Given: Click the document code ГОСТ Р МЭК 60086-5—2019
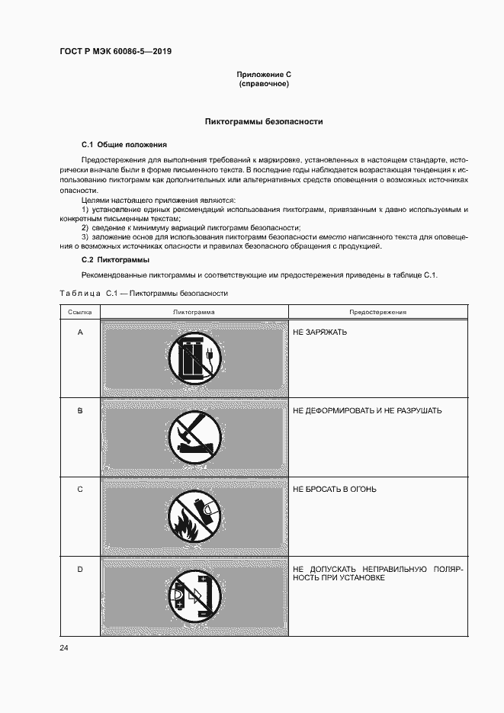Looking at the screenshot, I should tap(115, 52).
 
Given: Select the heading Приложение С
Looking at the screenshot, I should tap(263, 74).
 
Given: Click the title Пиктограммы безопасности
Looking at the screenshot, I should tap(264, 121).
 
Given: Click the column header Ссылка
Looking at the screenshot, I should tap(80, 312).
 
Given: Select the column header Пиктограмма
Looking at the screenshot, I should tap(194, 312).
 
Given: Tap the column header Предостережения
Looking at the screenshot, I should tap(377, 312).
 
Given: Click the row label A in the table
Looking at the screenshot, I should tap(80, 332).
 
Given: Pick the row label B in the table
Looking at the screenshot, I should tap(80, 410).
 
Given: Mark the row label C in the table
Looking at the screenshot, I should tap(80, 489).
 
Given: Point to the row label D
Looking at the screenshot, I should tap(80, 568).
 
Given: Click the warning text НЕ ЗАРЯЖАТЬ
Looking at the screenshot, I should tap(319, 332).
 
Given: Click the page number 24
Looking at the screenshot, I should tap(63, 648).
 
